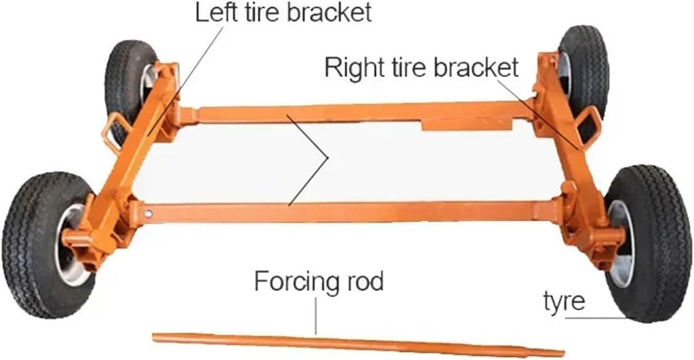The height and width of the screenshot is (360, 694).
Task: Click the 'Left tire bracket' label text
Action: coord(283,12)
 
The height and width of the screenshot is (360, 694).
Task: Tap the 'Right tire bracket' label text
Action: coord(421,67)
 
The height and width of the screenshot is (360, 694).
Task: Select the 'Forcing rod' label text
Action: coord(319,281)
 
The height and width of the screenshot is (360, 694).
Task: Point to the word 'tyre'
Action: coord(564,302)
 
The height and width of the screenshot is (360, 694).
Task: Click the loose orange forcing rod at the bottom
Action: coord(358,344)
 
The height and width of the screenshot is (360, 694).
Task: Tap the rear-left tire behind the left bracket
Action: coord(128,84)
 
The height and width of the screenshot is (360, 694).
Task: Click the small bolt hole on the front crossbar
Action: coord(148,214)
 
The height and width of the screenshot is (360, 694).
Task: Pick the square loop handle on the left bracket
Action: coord(116,132)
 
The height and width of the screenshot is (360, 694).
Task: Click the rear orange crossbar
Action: coord(354,113)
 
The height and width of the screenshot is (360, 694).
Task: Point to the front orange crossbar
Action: coord(350,212)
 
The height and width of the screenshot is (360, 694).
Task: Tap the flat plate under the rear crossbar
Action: coord(466,125)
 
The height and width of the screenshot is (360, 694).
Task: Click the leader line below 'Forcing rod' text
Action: coord(316,316)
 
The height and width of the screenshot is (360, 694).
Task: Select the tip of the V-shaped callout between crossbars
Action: coord(327,158)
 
